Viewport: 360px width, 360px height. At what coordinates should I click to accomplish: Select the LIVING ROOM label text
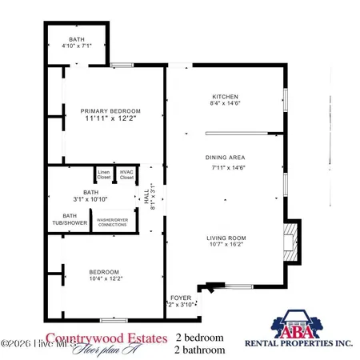click(x=227, y=238)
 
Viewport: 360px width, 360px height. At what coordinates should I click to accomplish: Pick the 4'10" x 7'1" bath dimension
click(x=78, y=45)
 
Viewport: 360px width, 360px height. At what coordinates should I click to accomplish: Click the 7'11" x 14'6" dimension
click(x=226, y=168)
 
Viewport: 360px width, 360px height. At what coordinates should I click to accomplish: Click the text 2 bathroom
click(x=200, y=349)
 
